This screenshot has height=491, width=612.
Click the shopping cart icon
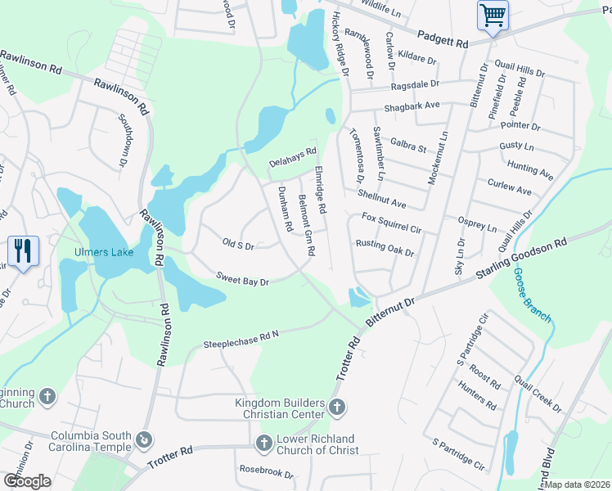(x=493, y=15)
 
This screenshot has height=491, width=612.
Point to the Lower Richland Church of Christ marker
(x=263, y=443)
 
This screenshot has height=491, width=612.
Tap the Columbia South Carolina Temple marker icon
(x=145, y=440)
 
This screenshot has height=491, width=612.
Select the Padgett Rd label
(x=442, y=38)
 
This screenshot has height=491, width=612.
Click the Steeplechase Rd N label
(x=241, y=340)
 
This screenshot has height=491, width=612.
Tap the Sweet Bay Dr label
(x=242, y=280)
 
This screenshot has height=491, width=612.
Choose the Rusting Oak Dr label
(x=385, y=248)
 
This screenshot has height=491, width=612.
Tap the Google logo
(x=27, y=480)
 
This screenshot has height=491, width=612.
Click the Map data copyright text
(x=576, y=484)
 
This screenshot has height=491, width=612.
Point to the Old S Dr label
(x=239, y=244)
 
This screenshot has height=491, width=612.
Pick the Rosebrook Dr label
(x=266, y=471)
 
